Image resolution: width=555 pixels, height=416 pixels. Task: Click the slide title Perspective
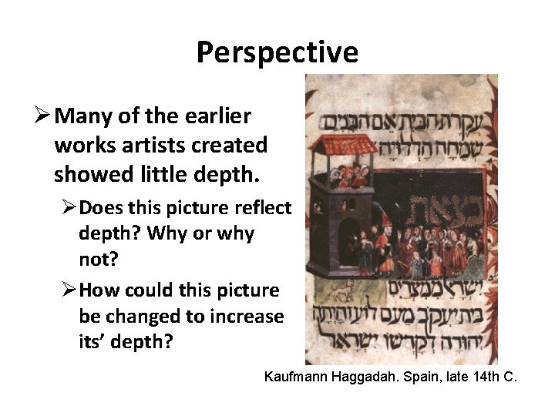pos(277,52)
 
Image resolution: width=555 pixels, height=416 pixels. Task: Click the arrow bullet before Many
pos(44,116)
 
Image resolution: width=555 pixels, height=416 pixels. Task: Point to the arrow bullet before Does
pos(69,208)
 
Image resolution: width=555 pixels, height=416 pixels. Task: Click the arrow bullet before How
pos(69,291)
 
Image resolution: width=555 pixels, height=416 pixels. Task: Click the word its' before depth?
pos(96,342)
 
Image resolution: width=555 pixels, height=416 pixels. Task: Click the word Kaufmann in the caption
pos(295,377)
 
